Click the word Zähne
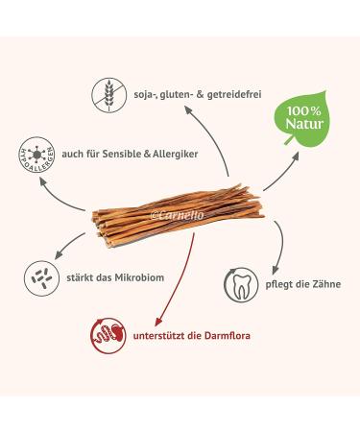[317, 284]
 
